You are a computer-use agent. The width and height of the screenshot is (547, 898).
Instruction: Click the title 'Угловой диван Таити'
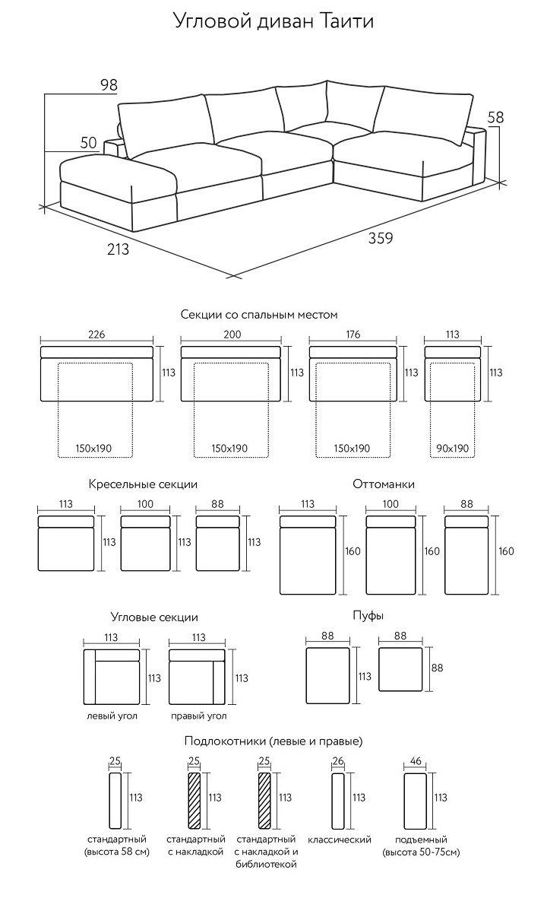pos(273,22)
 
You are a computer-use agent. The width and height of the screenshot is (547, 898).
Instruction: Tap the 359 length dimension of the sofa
pos(381,237)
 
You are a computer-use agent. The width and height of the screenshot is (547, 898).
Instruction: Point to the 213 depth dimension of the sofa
pos(119,249)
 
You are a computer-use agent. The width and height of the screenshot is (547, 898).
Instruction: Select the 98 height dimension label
pos(109,85)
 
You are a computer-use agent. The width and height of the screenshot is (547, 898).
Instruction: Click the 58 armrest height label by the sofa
pos(495,117)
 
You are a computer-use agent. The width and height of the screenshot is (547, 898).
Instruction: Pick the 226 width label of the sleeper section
pos(96,335)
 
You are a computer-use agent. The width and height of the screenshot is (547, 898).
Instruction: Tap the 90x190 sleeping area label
pos(452,449)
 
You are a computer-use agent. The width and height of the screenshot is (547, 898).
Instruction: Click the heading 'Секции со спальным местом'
pos(259,315)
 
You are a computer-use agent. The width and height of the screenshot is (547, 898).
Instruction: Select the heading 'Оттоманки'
pos(384,484)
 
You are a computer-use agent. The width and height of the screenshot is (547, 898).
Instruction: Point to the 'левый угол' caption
pos(112,716)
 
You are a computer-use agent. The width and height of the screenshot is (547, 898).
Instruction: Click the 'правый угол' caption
pos(198,716)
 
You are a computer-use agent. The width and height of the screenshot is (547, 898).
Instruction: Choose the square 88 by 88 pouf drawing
pos(400,669)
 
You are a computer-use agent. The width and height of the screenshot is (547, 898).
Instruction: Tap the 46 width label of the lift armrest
pos(416,761)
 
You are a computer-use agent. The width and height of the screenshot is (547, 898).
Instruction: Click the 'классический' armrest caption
pos(340,839)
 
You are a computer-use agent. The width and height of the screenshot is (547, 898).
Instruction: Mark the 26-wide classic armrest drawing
pos(338,800)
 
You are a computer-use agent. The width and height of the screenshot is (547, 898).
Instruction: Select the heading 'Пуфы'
pos(368,616)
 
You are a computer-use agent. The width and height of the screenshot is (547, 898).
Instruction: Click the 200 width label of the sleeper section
pos(232,335)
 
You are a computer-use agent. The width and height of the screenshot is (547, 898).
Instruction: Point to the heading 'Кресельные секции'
pos(143,484)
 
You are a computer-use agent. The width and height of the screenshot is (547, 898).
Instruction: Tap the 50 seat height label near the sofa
pos(89,143)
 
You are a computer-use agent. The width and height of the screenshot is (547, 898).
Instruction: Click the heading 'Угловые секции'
pos(154,617)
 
